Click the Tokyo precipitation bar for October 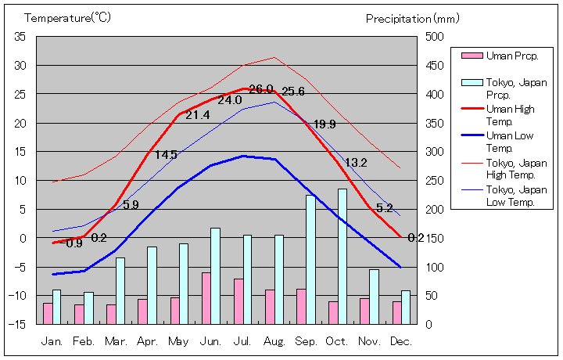point(342,256)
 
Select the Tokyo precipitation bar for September point(310,259)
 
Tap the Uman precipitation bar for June point(206,298)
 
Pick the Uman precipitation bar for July point(238,301)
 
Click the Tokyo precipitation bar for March point(120,290)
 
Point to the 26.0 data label point(261,89)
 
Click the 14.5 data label point(166,155)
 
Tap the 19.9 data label point(325,124)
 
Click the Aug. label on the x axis point(274,342)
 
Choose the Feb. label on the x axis point(84,342)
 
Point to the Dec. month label point(401,342)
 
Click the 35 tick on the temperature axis point(20,37)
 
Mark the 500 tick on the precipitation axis point(435,37)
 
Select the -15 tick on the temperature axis point(18,324)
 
